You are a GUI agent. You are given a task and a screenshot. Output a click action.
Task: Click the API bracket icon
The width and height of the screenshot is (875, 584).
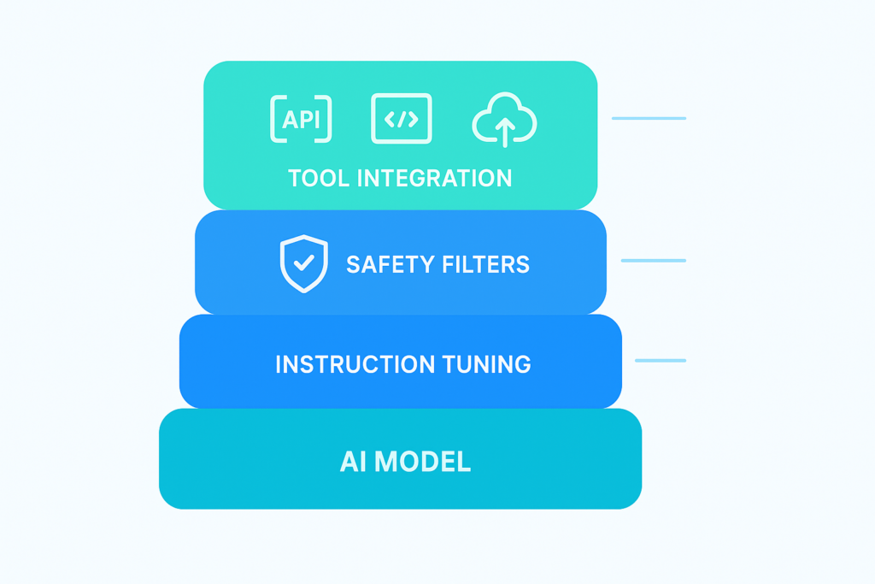point(301,119)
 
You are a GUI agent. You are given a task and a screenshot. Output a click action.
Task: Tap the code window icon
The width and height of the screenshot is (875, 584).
point(402,119)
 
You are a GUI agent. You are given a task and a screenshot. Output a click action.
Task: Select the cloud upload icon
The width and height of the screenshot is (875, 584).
point(504,121)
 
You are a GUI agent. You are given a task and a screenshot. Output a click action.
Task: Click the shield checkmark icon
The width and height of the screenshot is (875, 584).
point(303,263)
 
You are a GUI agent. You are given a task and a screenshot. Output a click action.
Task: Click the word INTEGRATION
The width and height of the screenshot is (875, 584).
point(434,178)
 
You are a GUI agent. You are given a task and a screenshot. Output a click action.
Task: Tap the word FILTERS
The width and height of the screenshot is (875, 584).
point(488,264)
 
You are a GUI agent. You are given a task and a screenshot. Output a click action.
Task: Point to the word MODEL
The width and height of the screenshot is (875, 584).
point(423,462)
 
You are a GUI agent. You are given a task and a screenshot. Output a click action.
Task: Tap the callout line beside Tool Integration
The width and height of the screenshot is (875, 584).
point(649,118)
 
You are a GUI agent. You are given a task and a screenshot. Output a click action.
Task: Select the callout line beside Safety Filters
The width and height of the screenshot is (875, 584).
point(653,260)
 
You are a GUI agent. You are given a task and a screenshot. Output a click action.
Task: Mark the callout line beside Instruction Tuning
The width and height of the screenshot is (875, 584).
point(660,360)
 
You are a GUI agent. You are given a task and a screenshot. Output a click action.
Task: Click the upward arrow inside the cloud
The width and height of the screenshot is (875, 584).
point(505,131)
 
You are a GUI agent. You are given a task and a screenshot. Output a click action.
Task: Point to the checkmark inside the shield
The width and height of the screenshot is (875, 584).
point(303,263)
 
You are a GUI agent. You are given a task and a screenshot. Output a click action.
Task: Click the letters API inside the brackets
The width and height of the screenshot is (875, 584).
point(301,119)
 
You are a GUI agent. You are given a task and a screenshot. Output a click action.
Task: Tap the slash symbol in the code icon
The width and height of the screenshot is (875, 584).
point(402,120)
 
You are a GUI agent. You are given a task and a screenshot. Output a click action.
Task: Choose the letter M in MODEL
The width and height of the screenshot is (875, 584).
point(386,462)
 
